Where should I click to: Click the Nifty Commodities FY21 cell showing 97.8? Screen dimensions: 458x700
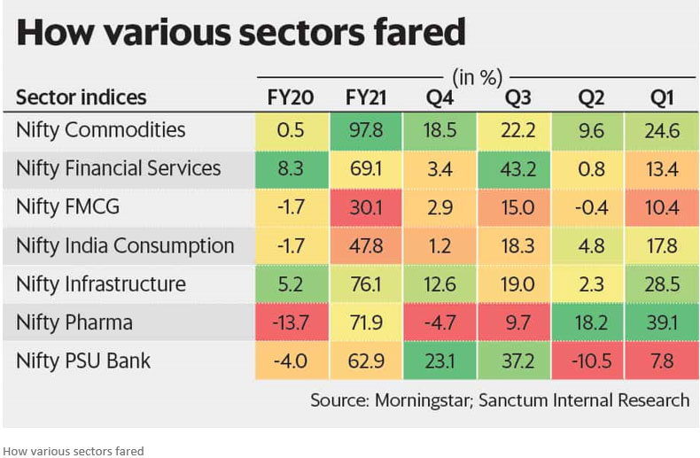(x=365, y=130)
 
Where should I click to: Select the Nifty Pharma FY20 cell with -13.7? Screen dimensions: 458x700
(x=292, y=322)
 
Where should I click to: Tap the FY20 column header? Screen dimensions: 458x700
(x=292, y=97)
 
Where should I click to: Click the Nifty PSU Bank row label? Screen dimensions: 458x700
(x=83, y=361)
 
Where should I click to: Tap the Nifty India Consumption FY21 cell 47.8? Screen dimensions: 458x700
(x=365, y=245)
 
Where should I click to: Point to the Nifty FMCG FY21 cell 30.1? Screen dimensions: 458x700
(x=365, y=207)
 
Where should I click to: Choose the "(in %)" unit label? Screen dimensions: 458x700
(x=478, y=76)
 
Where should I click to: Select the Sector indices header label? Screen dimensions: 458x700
(x=81, y=97)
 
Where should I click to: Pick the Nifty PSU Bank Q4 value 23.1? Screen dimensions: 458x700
(x=439, y=361)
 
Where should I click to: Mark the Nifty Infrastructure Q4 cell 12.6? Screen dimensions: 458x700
(x=439, y=284)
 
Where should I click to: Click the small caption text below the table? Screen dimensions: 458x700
(x=74, y=451)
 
